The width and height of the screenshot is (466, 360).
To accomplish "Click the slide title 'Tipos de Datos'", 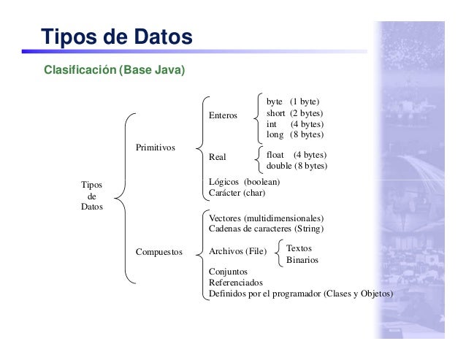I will pos(117,36).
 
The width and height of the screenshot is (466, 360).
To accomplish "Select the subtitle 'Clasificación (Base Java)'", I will pos(115,71).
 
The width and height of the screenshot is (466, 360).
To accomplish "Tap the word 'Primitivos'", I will pos(155,148).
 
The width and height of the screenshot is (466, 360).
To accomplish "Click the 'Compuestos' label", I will pos(160,252).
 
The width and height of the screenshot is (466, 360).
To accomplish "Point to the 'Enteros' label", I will pos(223,115).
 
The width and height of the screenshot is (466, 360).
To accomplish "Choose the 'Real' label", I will pos(218,157).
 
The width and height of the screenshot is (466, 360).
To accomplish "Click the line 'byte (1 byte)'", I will pos(293,102).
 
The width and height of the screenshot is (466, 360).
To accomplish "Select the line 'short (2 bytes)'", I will pos(294,113).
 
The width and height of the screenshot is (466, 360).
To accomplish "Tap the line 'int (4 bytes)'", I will pos(294,124).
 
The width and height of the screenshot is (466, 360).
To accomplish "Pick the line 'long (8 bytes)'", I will pos(294,135).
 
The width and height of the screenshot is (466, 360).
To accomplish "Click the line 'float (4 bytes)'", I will pos(296,155).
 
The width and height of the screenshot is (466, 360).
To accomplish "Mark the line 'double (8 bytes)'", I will pos(297,166).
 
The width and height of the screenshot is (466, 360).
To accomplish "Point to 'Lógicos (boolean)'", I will pos(244,182).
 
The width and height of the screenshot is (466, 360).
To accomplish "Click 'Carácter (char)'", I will pos(237,194).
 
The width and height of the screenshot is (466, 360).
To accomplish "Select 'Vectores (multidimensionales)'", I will pos(266,218).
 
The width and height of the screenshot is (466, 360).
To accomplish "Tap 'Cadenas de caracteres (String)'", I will pos(266,229).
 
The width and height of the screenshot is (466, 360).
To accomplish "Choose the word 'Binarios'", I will pos(302,260).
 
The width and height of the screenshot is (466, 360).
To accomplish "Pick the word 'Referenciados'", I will pos(235,283).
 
